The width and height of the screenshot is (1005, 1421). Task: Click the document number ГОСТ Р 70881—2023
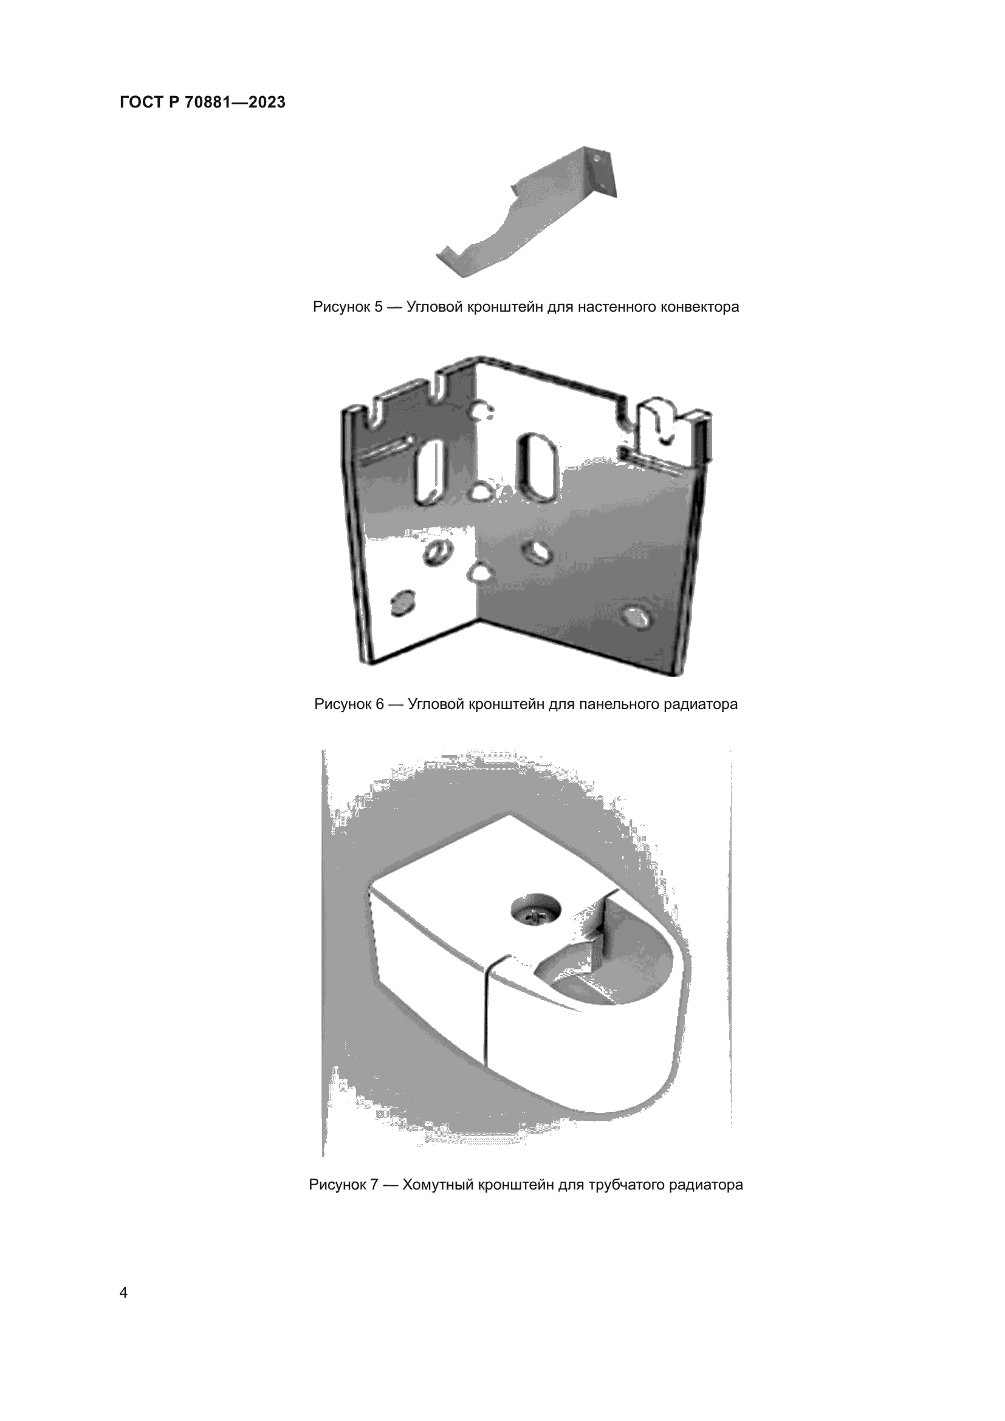202,102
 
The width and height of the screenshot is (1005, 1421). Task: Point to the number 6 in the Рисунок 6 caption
380,704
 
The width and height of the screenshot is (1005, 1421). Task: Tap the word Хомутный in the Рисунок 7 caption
439,1185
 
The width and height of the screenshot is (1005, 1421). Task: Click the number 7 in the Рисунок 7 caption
374,1185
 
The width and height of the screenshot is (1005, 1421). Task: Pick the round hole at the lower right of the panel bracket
635,616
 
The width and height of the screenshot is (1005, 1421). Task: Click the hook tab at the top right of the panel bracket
661,427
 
